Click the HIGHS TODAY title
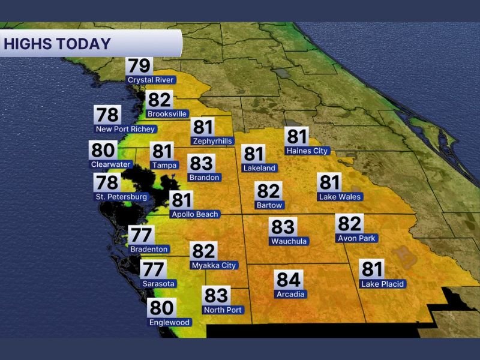(x=57, y=44)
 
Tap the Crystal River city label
(x=151, y=80)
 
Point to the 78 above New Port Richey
(x=107, y=115)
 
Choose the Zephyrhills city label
(x=212, y=141)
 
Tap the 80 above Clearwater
(x=103, y=150)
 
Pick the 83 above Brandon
(x=200, y=163)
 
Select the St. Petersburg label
(x=121, y=197)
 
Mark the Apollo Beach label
(x=195, y=214)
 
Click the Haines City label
(x=307, y=151)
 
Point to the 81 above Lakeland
(x=254, y=154)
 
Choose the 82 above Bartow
(x=268, y=191)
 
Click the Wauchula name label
(x=289, y=241)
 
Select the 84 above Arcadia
(x=289, y=280)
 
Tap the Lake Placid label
(x=382, y=284)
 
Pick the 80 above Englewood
(x=161, y=308)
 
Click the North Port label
(x=223, y=310)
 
